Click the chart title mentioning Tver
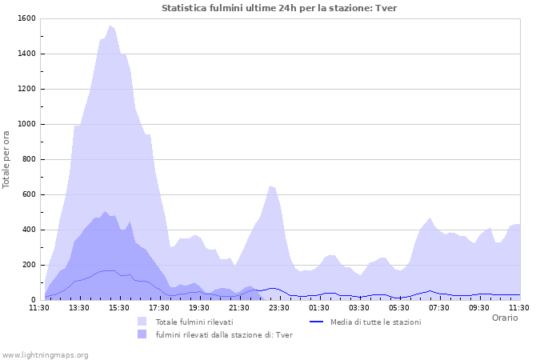[279, 8]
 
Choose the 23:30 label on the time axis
[279, 307]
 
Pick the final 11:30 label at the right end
[519, 307]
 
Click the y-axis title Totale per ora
[7, 159]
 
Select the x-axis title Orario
[504, 318]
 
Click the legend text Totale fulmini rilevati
[194, 322]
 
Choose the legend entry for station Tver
[224, 334]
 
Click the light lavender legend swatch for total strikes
[142, 322]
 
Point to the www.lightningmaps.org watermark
[45, 354]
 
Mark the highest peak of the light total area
[110, 26]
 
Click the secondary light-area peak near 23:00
[271, 186]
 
